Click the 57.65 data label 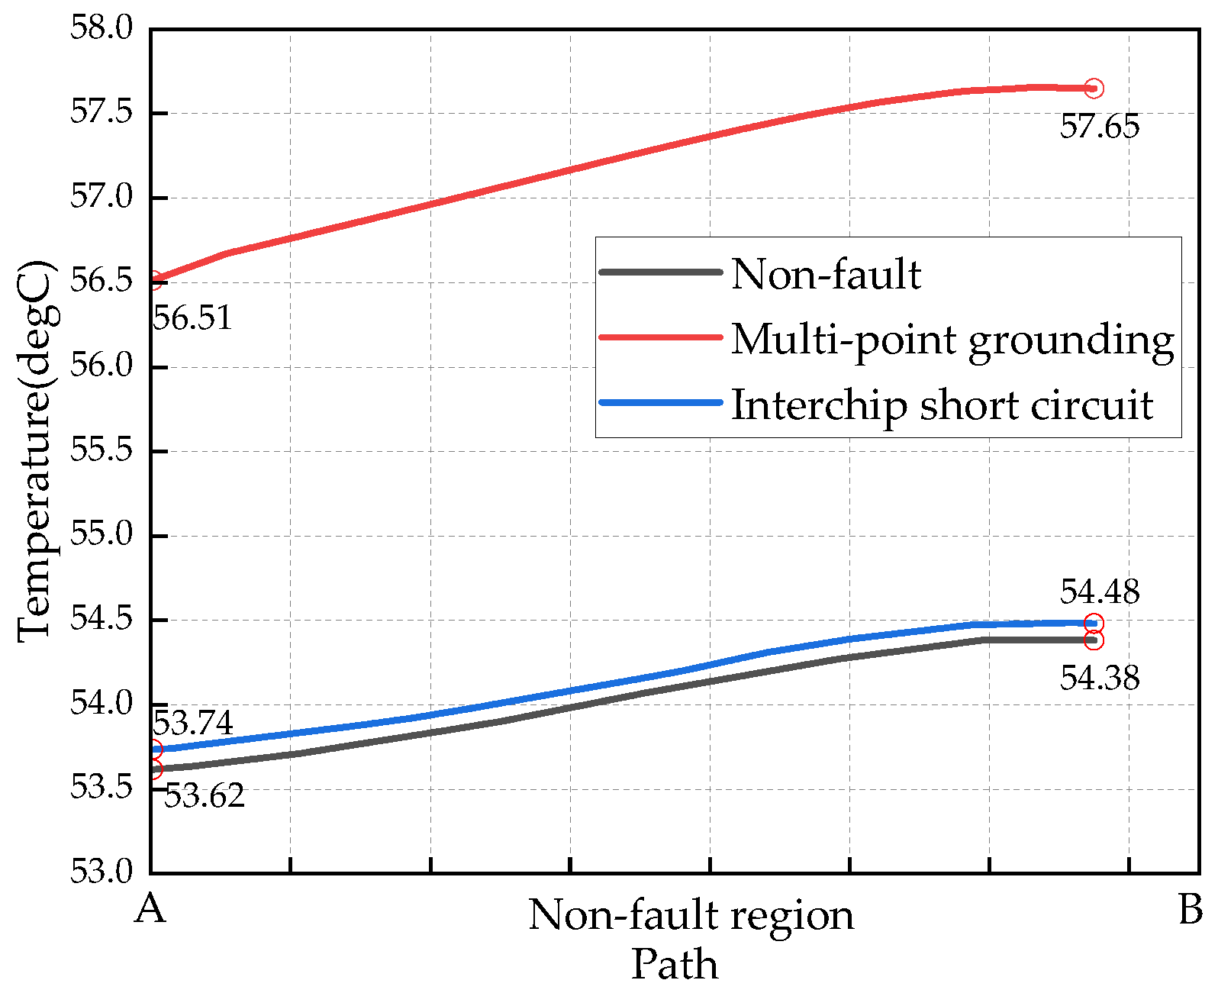[1099, 127]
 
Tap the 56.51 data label [192, 318]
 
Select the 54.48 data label [1099, 592]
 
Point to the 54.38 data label [1099, 678]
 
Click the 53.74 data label [193, 722]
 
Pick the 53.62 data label [205, 796]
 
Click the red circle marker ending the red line [1094, 89]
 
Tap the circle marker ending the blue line [1094, 624]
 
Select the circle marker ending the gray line [1094, 640]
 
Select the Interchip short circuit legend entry [942, 404]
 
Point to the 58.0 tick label [101, 28]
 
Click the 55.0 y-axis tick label [101, 535]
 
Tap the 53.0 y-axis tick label [101, 872]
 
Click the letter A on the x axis [150, 908]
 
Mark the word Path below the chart [675, 965]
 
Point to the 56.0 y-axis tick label [101, 366]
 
